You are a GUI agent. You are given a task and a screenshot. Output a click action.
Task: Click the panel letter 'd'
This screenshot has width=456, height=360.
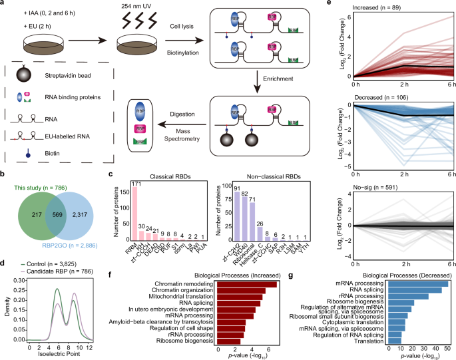pos(4,273)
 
